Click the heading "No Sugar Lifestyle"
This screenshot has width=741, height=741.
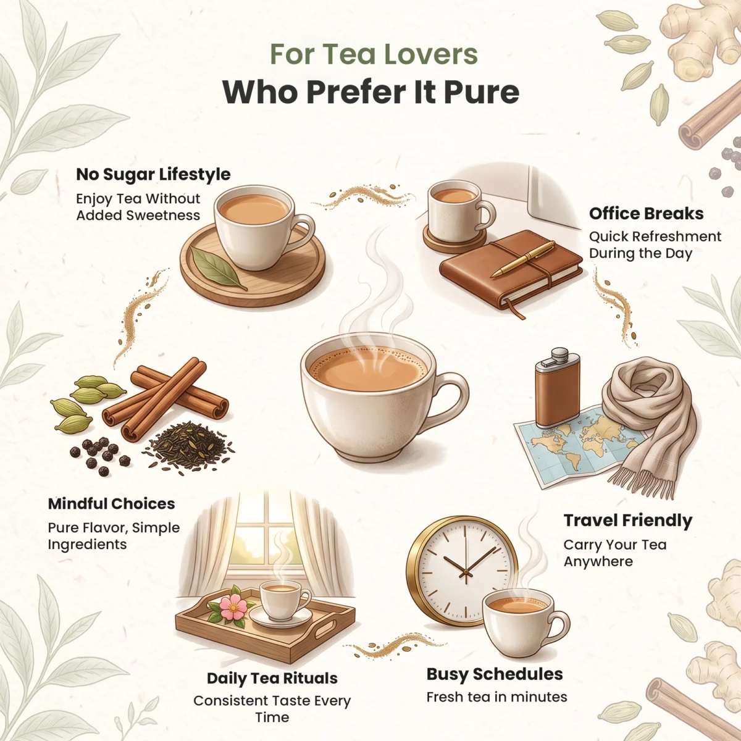[153, 175]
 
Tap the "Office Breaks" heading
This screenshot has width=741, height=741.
[646, 214]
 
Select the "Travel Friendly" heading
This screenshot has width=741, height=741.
[628, 521]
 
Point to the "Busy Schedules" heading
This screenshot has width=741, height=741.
[495, 674]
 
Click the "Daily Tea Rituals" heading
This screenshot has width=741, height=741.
[272, 678]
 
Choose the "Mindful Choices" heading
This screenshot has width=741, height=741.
[112, 504]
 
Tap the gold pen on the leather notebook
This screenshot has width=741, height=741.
[524, 258]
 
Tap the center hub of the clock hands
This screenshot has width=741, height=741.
[466, 572]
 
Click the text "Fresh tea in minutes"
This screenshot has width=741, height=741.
[496, 697]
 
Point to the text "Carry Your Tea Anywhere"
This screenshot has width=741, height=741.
[615, 553]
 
